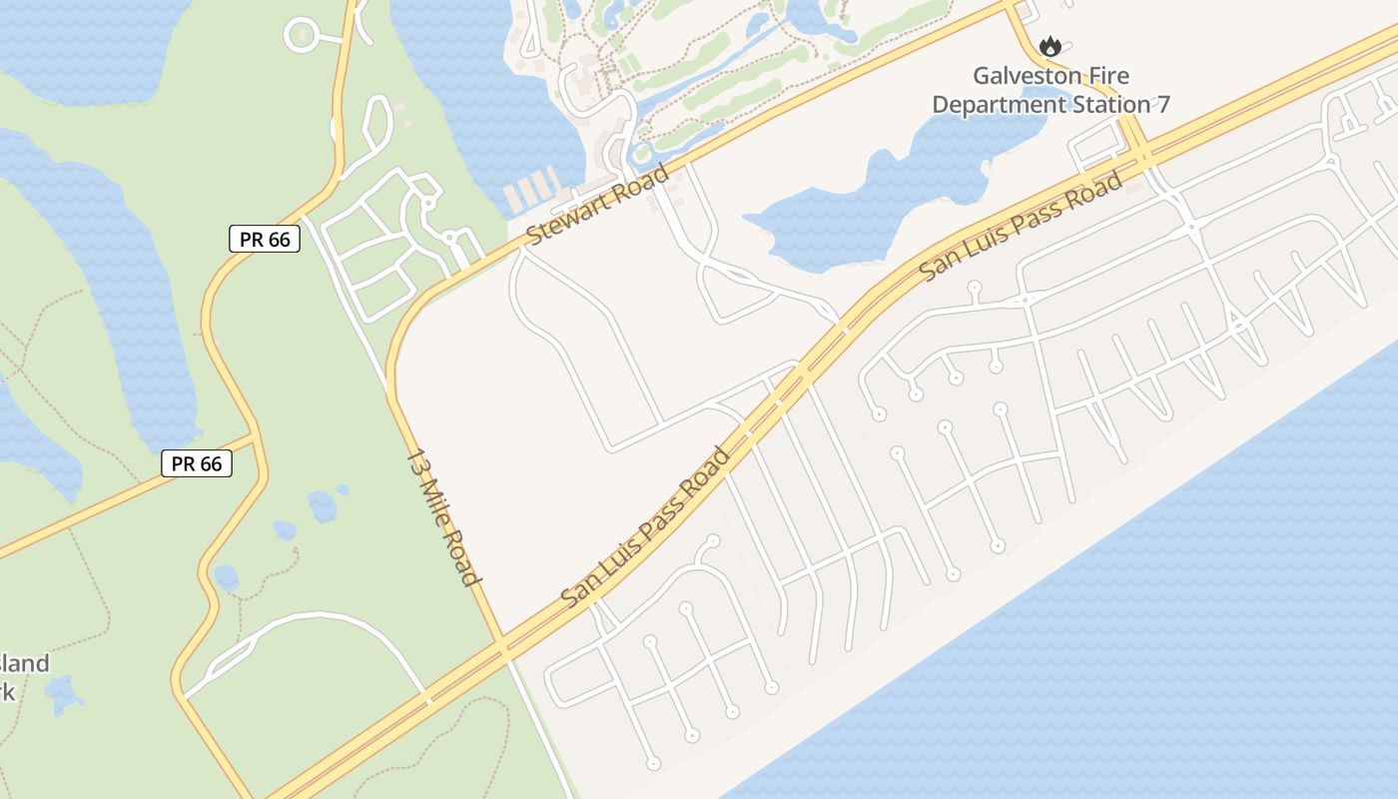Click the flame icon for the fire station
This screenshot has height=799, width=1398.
tap(1048, 46)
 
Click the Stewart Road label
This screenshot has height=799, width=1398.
tap(597, 205)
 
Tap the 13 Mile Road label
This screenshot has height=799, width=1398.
tap(444, 517)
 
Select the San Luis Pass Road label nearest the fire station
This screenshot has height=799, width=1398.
tap(1021, 227)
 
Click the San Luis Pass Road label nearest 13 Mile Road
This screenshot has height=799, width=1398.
tap(646, 528)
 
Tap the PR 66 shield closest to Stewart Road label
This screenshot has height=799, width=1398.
tap(265, 239)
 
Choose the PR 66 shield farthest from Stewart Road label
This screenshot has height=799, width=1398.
tap(197, 463)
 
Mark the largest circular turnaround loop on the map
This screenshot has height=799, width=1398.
tap(302, 36)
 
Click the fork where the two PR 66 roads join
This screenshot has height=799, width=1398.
tap(256, 439)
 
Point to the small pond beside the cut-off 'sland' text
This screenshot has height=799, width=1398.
tap(62, 693)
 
